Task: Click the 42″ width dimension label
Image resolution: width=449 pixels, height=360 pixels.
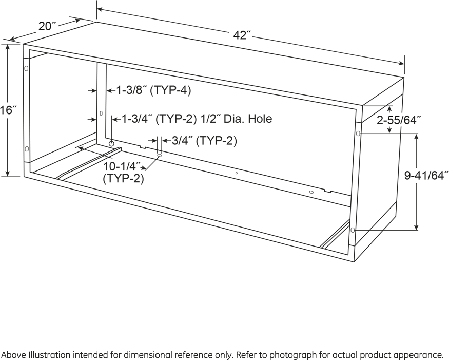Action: coord(242,35)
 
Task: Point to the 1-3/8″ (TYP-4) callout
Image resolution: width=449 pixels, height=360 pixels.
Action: coord(153,90)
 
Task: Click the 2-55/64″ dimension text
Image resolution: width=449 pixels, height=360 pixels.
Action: coord(399,120)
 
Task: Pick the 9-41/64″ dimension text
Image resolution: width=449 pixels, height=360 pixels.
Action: coord(426,176)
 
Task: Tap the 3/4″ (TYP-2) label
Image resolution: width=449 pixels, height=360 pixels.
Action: coord(204,141)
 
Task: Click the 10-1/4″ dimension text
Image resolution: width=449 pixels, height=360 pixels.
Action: coord(122,166)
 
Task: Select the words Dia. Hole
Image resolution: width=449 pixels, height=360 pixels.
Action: coord(248,119)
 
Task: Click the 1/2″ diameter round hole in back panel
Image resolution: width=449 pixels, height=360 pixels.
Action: coord(111,143)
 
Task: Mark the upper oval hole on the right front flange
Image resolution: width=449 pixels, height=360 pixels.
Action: coord(358,134)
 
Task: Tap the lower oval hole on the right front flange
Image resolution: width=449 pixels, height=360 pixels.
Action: coord(353,230)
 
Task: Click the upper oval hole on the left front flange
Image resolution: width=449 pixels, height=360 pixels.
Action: coord(26,68)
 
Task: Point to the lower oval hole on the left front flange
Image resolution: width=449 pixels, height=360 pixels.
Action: coord(27,149)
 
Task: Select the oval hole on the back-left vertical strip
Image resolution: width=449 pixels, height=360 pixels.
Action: coord(101,113)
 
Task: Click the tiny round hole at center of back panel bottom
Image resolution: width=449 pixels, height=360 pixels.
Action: coord(236,173)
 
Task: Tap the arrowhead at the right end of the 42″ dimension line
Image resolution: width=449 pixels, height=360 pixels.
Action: coord(400,63)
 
